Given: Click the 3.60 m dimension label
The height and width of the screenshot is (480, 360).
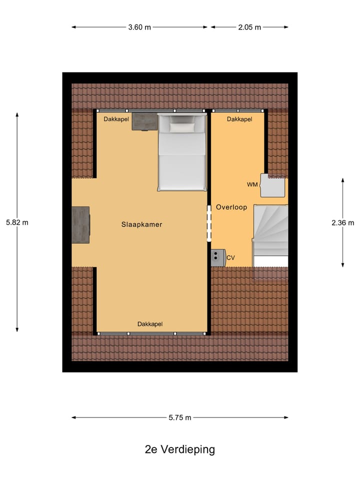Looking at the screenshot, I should click(139, 27).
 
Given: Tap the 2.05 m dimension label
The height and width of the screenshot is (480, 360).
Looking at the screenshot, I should click(249, 27).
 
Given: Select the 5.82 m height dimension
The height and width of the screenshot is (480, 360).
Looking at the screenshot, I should click(17, 222).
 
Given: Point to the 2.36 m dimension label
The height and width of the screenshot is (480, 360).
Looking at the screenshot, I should click(342, 223).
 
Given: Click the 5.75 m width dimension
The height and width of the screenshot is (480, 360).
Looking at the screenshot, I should click(180, 417).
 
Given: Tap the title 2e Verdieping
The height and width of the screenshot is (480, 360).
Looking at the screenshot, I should click(180, 449).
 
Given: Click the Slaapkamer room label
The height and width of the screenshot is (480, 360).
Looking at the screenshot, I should click(141, 224).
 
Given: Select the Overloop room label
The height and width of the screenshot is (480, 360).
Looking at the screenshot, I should click(231, 207).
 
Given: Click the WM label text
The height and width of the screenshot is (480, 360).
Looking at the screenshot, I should click(252, 185).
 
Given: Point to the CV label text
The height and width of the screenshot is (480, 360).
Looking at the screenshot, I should click(230, 258).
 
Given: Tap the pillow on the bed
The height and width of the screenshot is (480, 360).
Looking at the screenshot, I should click(181, 127).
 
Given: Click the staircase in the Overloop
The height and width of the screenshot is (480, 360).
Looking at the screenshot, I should click(270, 230).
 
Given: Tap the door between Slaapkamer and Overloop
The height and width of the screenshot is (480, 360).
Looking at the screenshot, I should click(209, 222).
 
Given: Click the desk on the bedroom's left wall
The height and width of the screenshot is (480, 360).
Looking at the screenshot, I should click(80, 225).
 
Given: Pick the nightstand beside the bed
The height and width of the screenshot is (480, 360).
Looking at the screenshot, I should click(144, 121).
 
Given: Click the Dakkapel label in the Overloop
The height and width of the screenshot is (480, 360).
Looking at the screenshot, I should click(239, 119).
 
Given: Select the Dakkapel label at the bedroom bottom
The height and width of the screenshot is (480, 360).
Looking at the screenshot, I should click(150, 324).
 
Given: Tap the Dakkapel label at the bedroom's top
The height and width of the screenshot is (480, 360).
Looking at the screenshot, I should click(116, 119).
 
